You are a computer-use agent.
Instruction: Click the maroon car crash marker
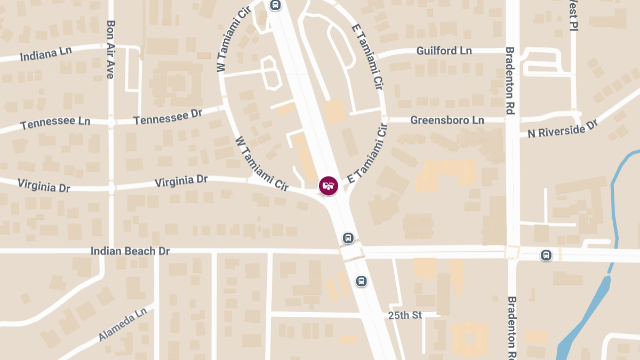coord(329,186)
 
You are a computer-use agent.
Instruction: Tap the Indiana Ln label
coord(46,54)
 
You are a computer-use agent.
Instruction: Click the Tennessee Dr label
coord(168,117)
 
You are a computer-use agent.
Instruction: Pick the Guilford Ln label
coord(444,51)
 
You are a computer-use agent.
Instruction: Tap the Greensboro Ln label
coord(447,120)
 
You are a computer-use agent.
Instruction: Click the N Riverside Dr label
coord(562,129)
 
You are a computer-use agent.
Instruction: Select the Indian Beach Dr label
coord(130,251)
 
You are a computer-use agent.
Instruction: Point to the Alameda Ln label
coord(122,324)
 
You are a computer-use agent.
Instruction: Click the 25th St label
coord(405,315)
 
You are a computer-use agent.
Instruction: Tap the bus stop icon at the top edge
coord(275,5)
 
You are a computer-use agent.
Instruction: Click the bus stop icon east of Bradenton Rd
coord(546,255)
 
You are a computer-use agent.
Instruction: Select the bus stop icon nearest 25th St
coord(362,281)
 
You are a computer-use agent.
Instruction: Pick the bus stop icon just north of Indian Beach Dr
coord(348,237)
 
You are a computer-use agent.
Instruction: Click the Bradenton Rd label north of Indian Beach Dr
coord(510,80)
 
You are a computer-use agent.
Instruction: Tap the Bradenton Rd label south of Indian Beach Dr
coord(511,326)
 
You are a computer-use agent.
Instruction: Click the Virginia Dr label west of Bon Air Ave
coord(44,186)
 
